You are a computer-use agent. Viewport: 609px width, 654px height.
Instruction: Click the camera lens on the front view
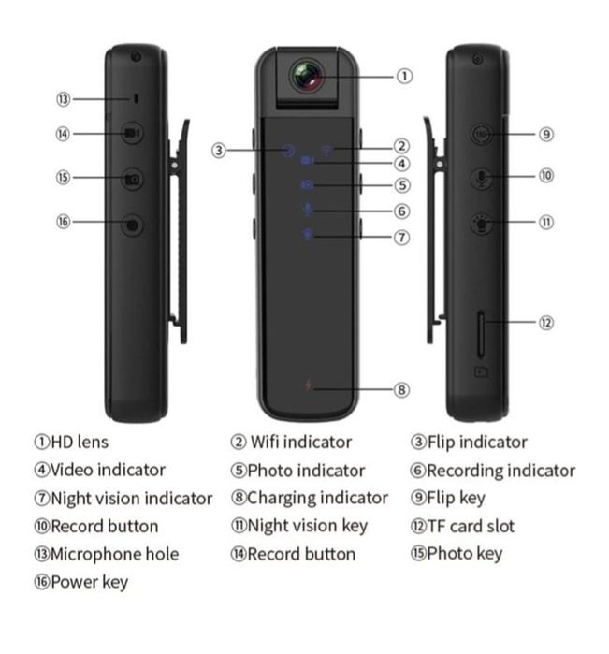pos(308,77)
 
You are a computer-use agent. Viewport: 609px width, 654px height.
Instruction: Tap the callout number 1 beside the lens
pos(404,77)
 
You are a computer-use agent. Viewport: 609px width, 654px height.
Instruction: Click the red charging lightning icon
pos(308,385)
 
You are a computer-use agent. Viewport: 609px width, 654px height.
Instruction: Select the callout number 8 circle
pos(401,390)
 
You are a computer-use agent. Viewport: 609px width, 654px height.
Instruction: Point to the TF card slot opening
pos(481,335)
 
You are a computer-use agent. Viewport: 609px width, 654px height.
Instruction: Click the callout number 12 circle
pos(546,323)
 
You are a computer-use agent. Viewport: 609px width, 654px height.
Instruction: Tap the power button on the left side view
pos(132,225)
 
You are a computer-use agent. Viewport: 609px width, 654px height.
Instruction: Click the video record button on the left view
pos(132,134)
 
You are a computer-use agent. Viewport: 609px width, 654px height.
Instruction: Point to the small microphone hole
pos(136,99)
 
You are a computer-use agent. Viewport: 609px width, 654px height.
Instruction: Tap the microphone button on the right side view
pos(482,178)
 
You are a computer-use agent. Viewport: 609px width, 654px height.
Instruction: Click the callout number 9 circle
pos(546,135)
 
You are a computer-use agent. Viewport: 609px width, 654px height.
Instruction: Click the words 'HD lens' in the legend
pos(80,443)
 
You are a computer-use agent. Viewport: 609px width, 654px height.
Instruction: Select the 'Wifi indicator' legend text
pos(301,443)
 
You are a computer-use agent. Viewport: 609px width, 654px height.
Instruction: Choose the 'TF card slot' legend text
pos(471,527)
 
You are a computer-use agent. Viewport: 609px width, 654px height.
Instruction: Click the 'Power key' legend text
pos(89,583)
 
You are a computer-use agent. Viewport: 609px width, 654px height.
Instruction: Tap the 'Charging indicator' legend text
pos(317,499)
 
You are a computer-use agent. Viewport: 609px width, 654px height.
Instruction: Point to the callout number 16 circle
pos(64,222)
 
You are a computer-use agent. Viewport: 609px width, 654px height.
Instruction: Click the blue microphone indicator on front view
pos(308,209)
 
